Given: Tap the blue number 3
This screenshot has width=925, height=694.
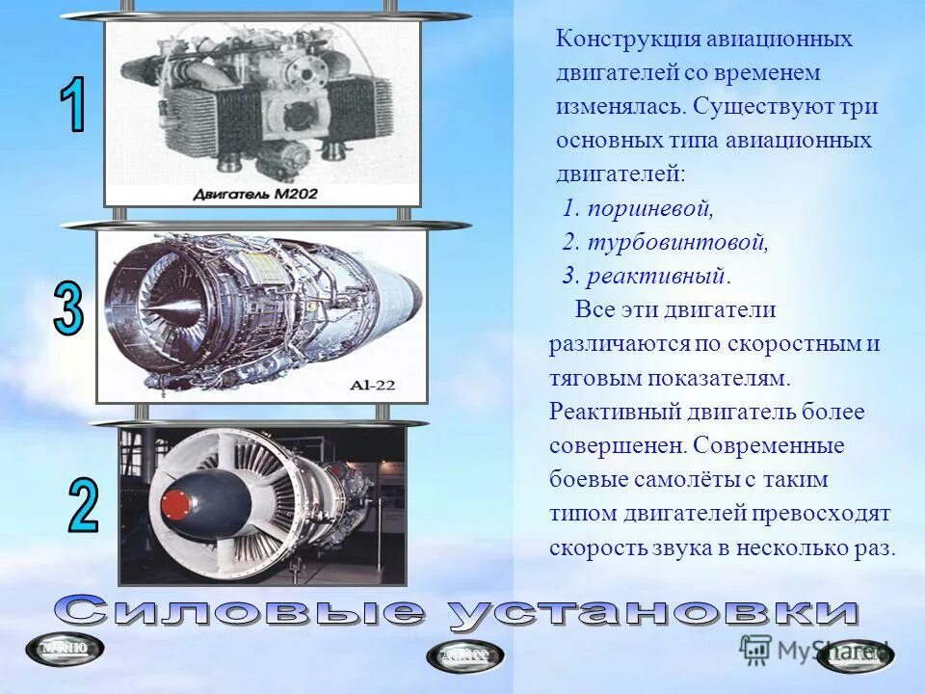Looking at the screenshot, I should tap(68, 311).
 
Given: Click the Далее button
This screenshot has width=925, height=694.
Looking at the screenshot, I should tap(464, 655).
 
